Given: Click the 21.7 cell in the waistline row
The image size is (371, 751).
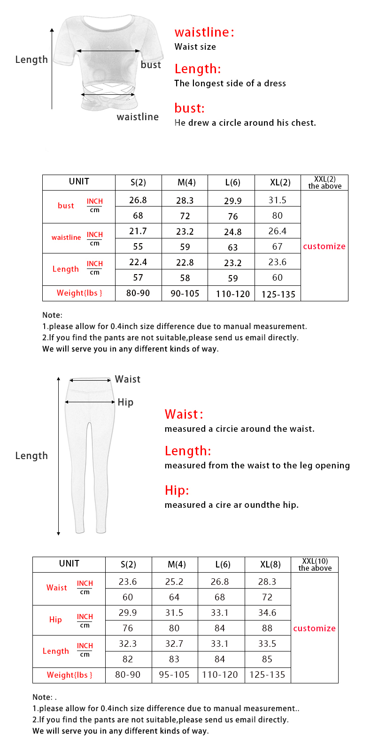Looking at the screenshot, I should click(138, 231).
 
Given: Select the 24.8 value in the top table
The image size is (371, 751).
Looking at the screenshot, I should click(232, 232).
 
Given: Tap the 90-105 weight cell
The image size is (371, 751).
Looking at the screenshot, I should click(185, 293).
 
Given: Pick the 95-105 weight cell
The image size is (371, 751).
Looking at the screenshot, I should click(174, 675).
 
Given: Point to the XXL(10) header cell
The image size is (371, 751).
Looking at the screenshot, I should click(315, 565).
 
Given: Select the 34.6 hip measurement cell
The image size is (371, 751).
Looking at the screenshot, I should click(267, 613).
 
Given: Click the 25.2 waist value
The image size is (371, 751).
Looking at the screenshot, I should click(174, 582).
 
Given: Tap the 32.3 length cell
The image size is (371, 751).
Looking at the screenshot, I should click(128, 644).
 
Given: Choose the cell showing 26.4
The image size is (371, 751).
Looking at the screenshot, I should click(277, 231).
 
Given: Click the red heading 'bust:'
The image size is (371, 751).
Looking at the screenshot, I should click(189, 108).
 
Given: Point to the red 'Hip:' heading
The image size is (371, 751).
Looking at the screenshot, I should click(177, 490).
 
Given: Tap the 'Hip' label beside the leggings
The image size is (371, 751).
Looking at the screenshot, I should click(125, 402).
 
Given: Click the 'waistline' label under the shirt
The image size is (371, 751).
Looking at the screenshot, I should click(138, 117).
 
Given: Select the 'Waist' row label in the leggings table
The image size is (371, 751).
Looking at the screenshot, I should click(56, 588).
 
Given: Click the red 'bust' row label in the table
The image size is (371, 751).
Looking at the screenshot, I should click(66, 206).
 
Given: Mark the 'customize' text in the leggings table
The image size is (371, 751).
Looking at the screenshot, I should click(314, 628).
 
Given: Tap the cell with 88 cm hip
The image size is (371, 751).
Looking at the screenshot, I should click(267, 628).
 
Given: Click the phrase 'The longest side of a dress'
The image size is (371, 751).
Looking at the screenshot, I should click(230, 84).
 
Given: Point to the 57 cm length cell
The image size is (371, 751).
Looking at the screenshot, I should click(138, 277).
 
